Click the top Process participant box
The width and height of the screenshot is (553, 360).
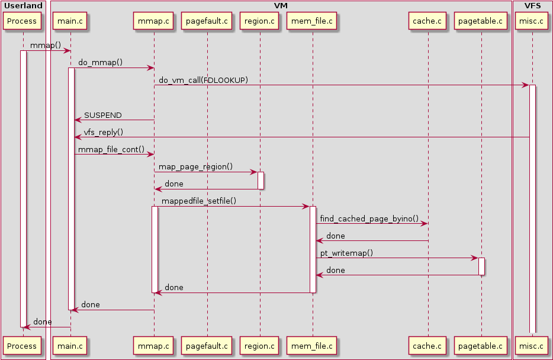(x=22, y=21)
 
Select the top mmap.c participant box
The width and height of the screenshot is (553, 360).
(x=154, y=21)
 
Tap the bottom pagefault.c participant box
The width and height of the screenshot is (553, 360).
(x=207, y=345)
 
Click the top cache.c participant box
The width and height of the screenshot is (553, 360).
(x=427, y=21)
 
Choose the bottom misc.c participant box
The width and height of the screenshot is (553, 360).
(x=532, y=345)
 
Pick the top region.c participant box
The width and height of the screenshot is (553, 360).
(x=259, y=21)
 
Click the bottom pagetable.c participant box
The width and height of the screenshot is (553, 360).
(x=481, y=345)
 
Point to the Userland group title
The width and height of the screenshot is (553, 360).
(x=23, y=5)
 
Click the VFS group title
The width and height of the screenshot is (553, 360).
(x=532, y=5)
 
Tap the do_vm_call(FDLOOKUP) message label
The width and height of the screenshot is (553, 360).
(x=203, y=80)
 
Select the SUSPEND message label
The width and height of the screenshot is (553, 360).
(x=103, y=115)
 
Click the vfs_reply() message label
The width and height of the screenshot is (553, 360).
(x=104, y=132)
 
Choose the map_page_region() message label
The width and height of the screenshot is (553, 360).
(x=195, y=167)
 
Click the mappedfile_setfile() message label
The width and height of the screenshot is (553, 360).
(x=199, y=201)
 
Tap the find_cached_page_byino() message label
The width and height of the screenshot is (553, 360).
(x=369, y=218)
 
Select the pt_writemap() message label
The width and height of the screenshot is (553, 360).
(x=346, y=253)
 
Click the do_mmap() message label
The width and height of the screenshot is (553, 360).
(x=100, y=62)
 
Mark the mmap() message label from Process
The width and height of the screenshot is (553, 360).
(x=46, y=45)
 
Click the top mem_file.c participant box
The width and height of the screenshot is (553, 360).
(x=313, y=21)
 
